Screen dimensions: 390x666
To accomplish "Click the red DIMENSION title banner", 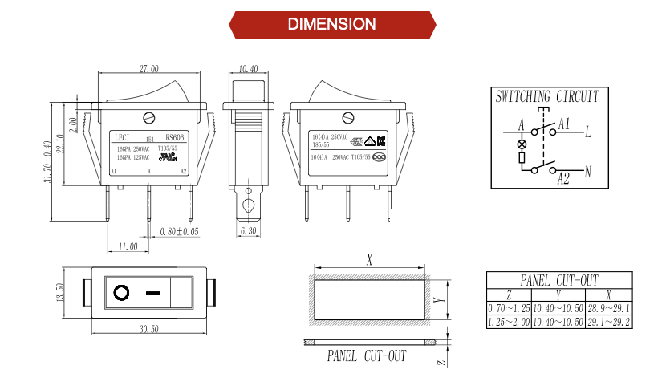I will tap(332, 24).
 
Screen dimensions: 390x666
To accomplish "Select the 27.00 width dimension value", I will tap(149, 70).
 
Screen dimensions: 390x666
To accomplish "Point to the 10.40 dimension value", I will tap(248, 70).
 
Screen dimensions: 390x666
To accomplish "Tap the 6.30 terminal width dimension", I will tap(248, 232).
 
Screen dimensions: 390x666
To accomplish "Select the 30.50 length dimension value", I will tap(148, 329).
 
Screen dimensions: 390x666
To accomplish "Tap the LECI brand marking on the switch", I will tap(123, 137).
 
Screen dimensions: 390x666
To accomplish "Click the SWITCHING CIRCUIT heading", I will tap(547, 97).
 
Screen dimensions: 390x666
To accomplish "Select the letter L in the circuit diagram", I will tap(588, 130).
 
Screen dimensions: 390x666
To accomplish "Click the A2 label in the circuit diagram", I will tap(564, 179).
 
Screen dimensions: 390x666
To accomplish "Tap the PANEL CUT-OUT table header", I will tap(559, 280).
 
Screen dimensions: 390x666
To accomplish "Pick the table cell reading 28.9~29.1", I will tap(609, 308).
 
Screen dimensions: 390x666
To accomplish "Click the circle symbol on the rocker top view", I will tap(122, 293).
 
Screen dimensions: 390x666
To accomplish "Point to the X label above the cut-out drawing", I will tap(370, 259).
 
